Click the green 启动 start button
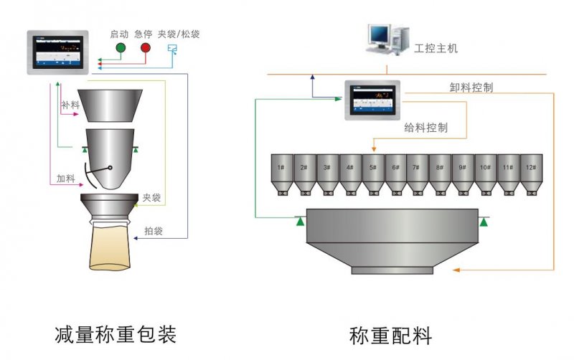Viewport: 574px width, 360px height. pyautogui.click(x=121, y=48)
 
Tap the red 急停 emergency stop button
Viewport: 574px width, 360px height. pyautogui.click(x=146, y=48)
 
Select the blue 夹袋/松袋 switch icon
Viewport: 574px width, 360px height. pyautogui.click(x=171, y=49)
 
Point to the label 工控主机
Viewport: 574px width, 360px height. pyautogui.click(x=436, y=49)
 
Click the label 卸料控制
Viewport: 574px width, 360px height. pyautogui.click(x=471, y=87)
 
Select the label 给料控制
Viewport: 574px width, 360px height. pyautogui.click(x=426, y=128)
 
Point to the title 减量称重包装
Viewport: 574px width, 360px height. pyautogui.click(x=115, y=333)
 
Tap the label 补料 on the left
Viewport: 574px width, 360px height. pyautogui.click(x=70, y=105)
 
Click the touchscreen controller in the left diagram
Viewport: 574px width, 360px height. pyautogui.click(x=57, y=52)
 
